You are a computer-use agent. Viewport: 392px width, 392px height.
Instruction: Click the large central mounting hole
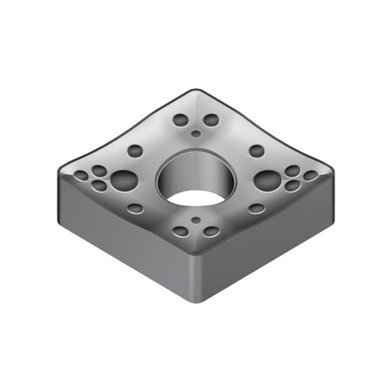196,178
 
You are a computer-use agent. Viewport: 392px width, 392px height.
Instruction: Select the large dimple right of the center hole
268,180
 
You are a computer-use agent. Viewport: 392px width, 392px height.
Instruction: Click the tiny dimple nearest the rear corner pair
196,133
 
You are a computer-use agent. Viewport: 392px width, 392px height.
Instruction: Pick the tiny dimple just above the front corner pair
196,220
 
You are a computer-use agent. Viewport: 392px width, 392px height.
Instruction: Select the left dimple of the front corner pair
180,232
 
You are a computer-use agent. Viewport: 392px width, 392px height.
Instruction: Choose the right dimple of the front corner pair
212,232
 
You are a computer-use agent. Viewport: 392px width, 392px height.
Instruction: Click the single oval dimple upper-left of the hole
135,151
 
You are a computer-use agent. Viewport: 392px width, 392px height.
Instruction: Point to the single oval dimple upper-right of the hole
256,151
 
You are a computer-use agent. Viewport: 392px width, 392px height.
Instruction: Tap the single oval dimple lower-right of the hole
256,209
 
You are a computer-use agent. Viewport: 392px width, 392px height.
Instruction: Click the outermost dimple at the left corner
81,176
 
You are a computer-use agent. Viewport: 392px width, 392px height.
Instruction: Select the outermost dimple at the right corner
311,176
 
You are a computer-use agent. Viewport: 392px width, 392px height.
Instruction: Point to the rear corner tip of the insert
196,90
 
